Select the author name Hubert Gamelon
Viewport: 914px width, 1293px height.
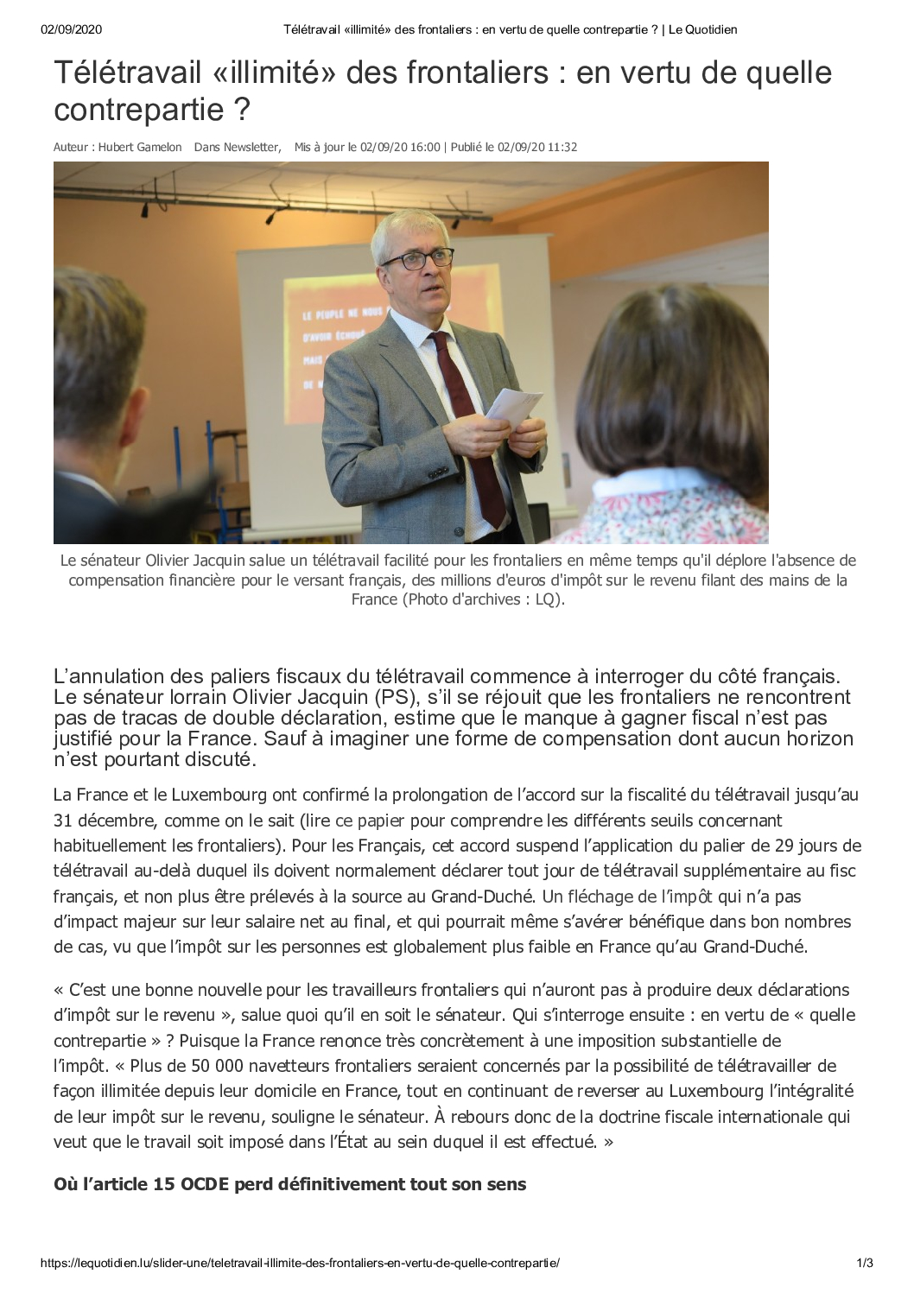pos(140,147)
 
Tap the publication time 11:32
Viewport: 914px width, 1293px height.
pos(562,147)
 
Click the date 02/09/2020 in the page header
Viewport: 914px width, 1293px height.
pos(71,29)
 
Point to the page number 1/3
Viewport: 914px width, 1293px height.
pos(865,1263)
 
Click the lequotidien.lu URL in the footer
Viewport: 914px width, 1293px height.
pos(300,1263)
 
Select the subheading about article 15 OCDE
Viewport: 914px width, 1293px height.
pos(289,1184)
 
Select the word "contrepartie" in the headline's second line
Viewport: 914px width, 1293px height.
pos(140,111)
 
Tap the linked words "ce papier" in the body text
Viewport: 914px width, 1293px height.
pos(370,821)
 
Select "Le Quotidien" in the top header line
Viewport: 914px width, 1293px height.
pos(703,29)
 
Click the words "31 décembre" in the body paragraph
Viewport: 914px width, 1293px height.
pos(104,821)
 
